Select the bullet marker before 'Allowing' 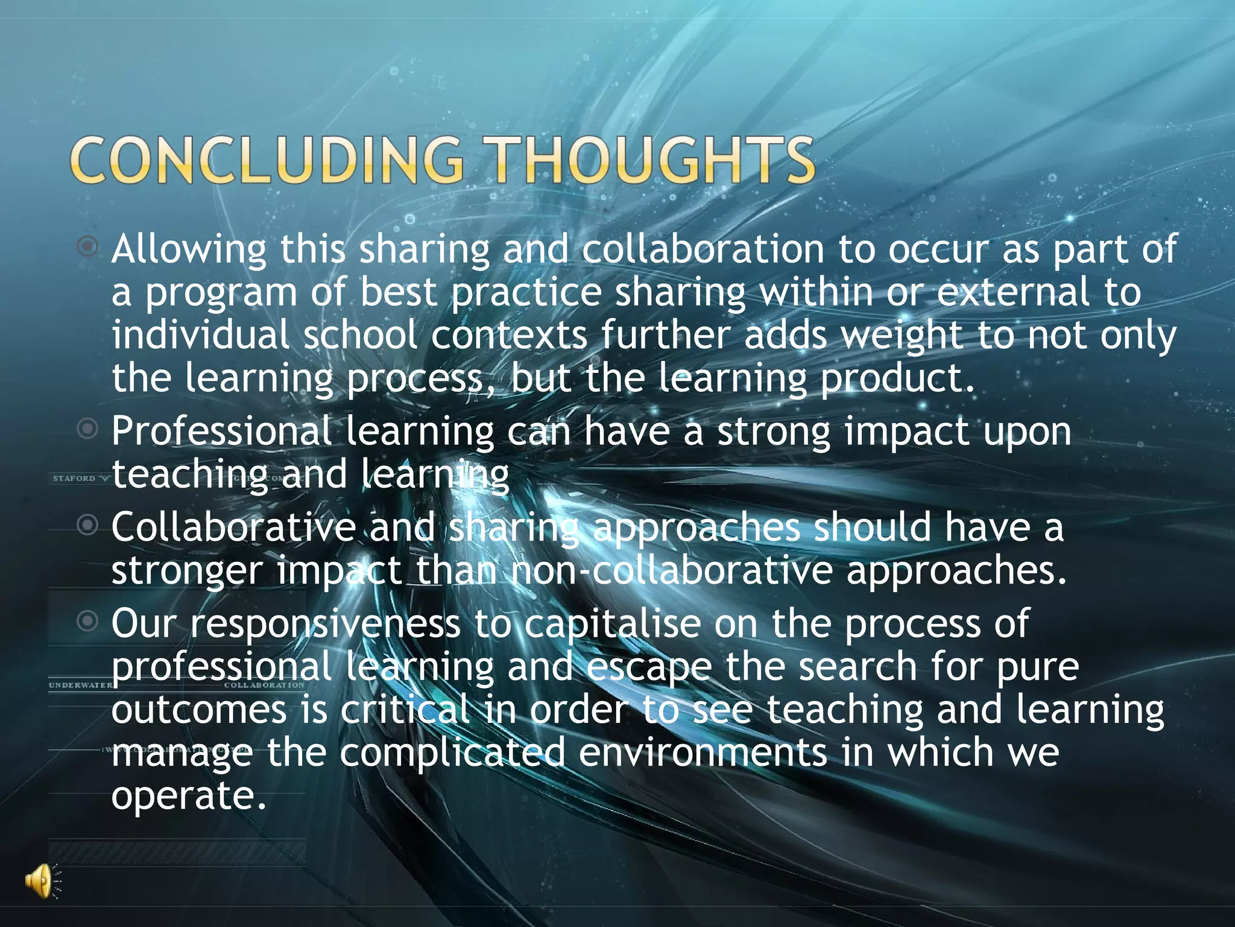pos(88,246)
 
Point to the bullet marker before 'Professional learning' pos(88,429)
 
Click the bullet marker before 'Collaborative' pos(88,525)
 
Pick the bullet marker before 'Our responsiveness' pos(88,620)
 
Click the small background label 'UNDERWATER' pos(80,685)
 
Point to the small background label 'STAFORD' pos(74,479)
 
